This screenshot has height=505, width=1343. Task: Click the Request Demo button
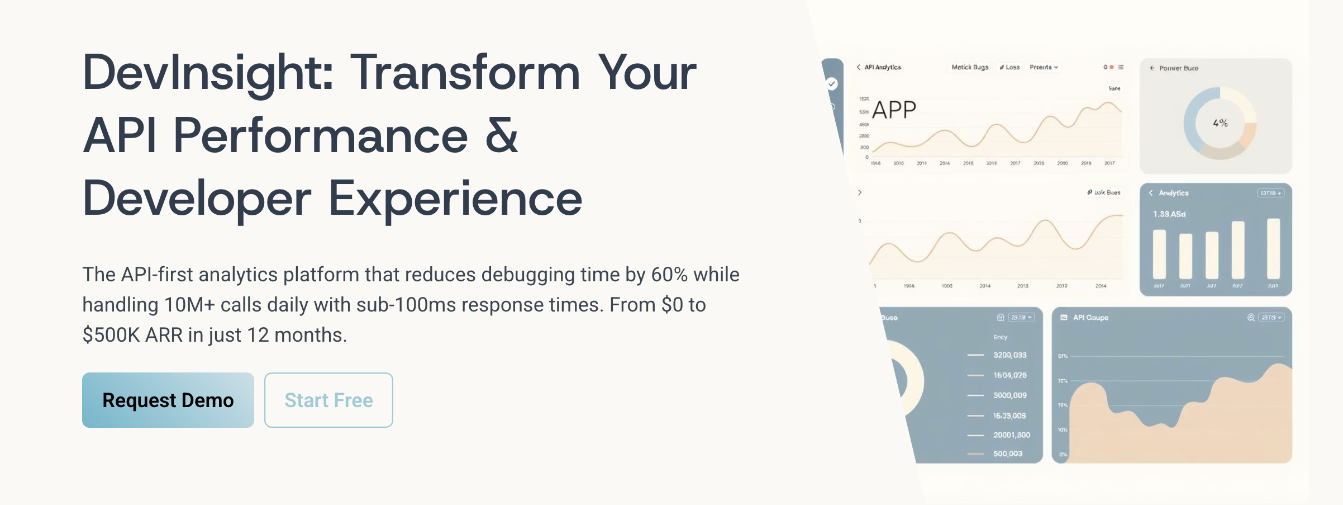(168, 400)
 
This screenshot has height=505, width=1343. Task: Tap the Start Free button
(328, 400)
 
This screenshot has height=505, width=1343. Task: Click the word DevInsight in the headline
(208, 73)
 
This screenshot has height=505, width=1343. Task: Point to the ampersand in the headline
(501, 136)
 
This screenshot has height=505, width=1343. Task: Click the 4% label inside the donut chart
(1220, 123)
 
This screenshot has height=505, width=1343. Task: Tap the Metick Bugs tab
(970, 67)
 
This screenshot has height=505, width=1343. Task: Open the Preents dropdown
(1044, 67)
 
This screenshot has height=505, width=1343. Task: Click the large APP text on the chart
(894, 110)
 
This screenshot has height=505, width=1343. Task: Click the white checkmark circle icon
(832, 84)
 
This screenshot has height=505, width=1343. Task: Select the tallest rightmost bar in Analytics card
(1273, 248)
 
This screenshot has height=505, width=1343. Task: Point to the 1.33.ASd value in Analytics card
(1169, 214)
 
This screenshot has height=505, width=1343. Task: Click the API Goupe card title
(1090, 318)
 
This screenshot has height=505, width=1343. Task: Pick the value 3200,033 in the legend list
(1009, 355)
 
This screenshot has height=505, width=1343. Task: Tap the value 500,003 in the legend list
(1008, 454)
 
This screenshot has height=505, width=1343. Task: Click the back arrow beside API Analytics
(859, 67)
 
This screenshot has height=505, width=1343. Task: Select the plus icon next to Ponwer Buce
(1151, 68)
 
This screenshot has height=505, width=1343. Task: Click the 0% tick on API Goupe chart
(1063, 455)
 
